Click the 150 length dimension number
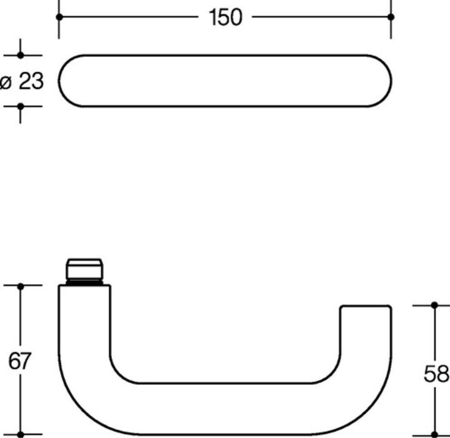point(225,18)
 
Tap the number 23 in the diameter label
point(31,81)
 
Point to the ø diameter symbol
point(6,81)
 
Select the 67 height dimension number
point(19,361)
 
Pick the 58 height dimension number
point(436,374)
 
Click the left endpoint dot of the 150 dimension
point(59,17)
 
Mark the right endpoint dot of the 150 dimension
point(391,17)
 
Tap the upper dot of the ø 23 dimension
point(20,55)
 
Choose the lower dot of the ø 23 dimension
point(20,106)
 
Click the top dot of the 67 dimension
point(20,286)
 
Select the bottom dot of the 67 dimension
point(20,434)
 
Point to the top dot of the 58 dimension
point(435,305)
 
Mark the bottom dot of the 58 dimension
point(435,434)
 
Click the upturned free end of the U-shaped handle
point(366,325)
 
